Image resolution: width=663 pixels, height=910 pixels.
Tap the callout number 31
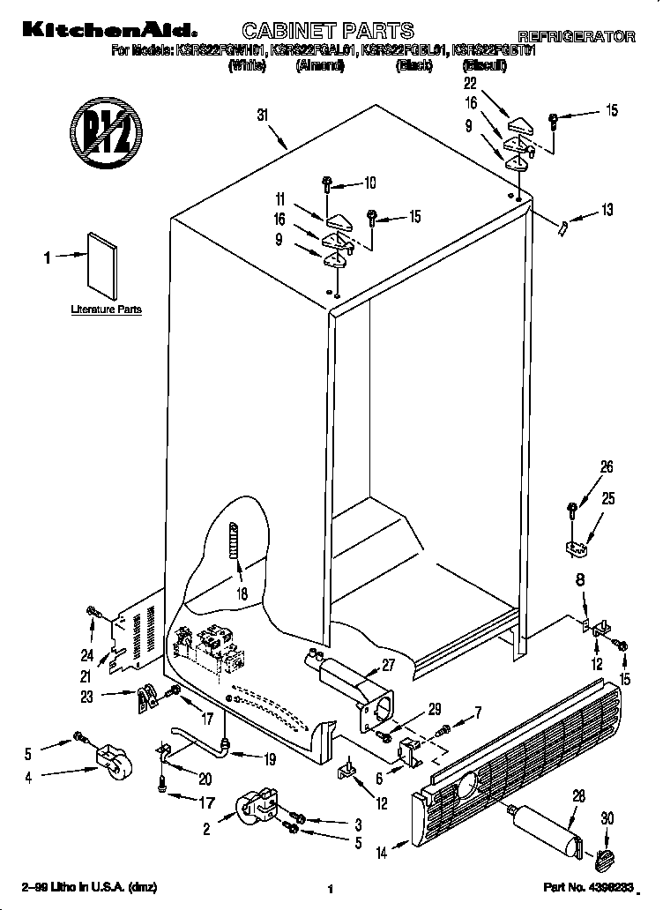pyautogui.click(x=262, y=114)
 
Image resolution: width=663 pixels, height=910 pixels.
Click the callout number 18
pyautogui.click(x=242, y=593)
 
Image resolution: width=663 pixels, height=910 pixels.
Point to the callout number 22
pyautogui.click(x=470, y=83)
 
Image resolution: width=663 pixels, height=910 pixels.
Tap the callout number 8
pyautogui.click(x=580, y=580)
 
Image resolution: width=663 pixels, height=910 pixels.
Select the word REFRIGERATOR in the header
pyautogui.click(x=575, y=37)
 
